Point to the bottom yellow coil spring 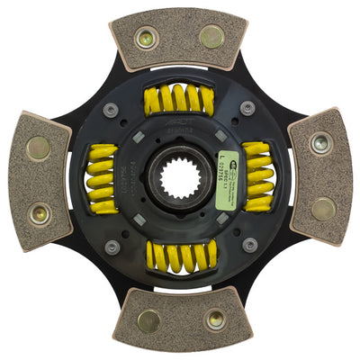pyautogui.click(x=179, y=257)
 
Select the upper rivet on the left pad pyautogui.click(x=37, y=145)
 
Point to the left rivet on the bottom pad pyautogui.click(x=147, y=320)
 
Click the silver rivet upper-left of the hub pyautogui.click(x=112, y=110)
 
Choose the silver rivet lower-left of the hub pyautogui.click(x=112, y=246)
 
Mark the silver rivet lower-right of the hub pyautogui.click(x=249, y=244)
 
